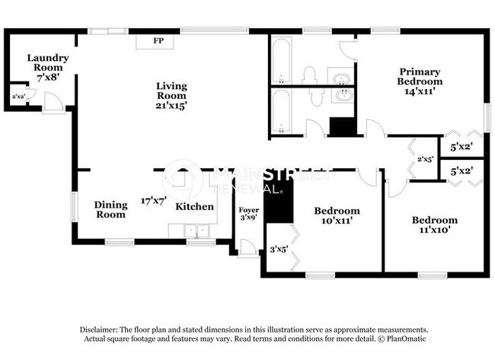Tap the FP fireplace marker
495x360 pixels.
point(158,40)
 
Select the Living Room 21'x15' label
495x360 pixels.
point(171,96)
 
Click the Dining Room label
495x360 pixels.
point(110,209)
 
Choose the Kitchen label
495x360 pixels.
point(190,206)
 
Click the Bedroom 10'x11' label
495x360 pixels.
point(337,215)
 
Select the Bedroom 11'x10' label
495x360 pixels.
point(434,225)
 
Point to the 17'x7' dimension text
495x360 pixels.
point(153,201)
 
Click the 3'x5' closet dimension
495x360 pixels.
point(279,249)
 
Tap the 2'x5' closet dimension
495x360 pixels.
point(425,159)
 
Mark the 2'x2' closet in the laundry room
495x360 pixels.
point(17,97)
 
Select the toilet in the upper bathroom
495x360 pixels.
point(309,75)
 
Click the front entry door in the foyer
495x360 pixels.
point(248,248)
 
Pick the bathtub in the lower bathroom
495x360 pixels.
point(281,113)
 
